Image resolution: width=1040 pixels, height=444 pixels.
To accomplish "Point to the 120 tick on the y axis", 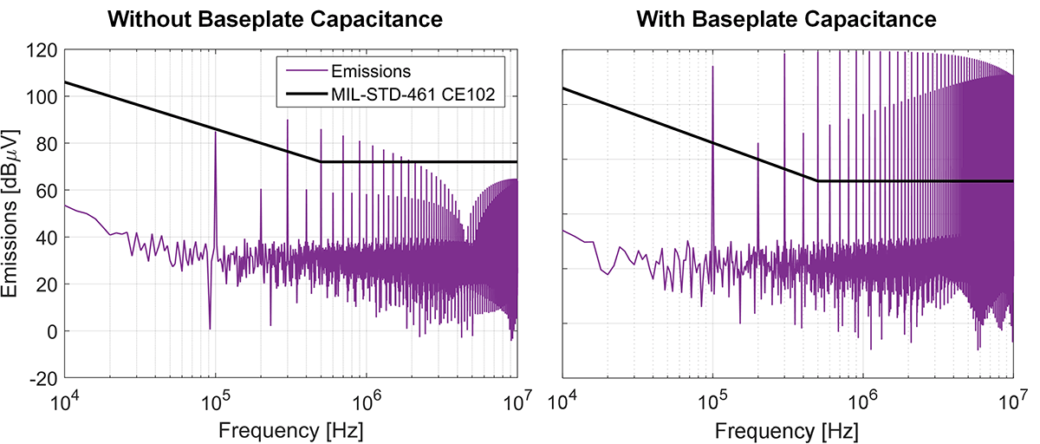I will [42, 50].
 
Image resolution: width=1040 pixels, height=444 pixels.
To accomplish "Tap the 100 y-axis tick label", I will [42, 97].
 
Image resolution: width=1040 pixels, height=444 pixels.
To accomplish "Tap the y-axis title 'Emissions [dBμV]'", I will [15, 214].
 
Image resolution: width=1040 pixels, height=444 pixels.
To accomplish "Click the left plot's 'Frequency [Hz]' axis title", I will [290, 428].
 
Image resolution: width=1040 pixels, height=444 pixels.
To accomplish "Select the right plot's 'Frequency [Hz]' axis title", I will [789, 428].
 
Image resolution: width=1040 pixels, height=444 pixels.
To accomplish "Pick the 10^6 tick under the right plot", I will [861, 401].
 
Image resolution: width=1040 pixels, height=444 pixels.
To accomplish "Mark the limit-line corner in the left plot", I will [321, 161].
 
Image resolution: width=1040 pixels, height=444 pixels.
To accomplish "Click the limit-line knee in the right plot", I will [817, 181].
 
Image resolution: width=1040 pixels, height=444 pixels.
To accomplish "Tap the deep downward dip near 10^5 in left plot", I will [210, 328].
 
